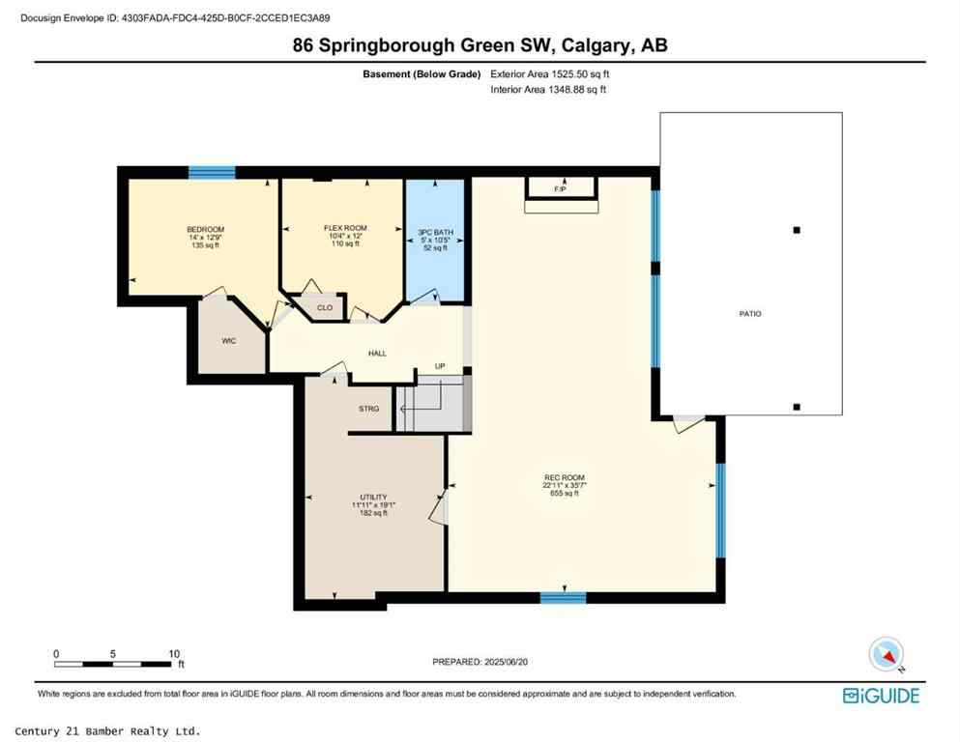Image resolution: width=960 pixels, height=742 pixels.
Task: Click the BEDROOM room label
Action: point(205,229)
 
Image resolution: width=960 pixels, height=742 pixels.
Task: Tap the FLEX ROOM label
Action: point(345,228)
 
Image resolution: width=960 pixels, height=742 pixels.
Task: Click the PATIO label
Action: point(749,313)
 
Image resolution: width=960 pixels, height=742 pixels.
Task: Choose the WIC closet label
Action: point(229,340)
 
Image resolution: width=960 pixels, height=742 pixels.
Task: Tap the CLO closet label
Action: point(326,308)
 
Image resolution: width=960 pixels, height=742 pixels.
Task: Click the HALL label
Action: point(377,354)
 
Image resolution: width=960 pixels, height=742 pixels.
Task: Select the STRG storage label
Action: point(368,409)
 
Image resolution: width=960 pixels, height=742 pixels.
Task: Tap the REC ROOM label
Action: point(566,478)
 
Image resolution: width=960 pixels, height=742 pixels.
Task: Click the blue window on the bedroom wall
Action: point(212,172)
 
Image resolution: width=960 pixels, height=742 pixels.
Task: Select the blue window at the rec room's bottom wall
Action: point(563,597)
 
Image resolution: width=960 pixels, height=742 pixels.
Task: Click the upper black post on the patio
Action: point(797,230)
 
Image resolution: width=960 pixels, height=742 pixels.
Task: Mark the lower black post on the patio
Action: point(797,407)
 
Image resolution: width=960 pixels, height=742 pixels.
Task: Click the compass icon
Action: point(886,655)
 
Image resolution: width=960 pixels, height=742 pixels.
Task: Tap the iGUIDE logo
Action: point(881,696)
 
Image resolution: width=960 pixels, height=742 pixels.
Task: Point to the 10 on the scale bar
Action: point(174,653)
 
